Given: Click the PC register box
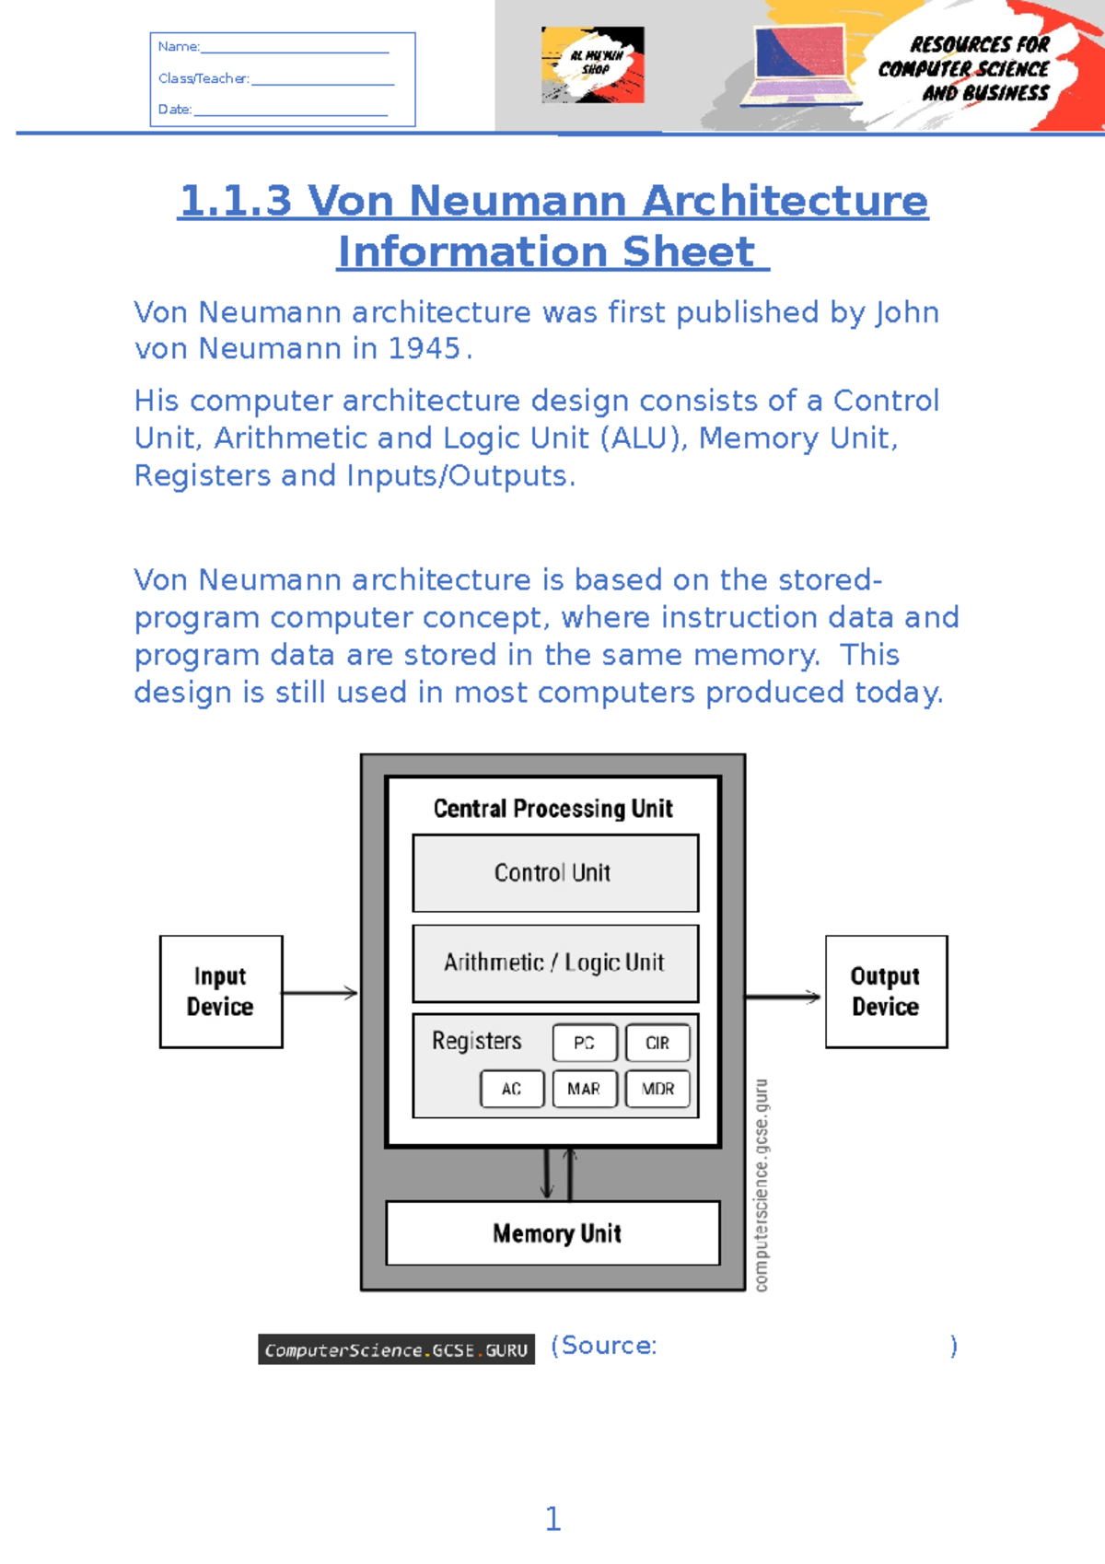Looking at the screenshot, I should click(585, 1043).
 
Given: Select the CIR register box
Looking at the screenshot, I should click(657, 1043).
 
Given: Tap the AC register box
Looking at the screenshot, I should click(512, 1089).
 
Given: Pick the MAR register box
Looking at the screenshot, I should click(585, 1089).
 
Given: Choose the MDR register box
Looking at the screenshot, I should click(657, 1089).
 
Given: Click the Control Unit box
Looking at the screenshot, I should click(555, 873).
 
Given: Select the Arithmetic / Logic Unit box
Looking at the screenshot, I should click(555, 963).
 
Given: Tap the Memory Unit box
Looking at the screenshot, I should click(553, 1233).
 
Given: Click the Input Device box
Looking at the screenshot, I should click(221, 991).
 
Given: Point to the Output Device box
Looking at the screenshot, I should click(886, 991).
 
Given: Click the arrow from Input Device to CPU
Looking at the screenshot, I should click(320, 993).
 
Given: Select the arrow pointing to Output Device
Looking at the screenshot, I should click(783, 997).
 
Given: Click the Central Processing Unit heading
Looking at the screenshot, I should click(553, 809).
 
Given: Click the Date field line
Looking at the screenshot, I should click(290, 112).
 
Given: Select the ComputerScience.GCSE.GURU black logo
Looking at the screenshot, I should click(396, 1349).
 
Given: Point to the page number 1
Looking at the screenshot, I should click(552, 1518).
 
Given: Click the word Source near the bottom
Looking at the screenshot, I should click(608, 1346).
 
